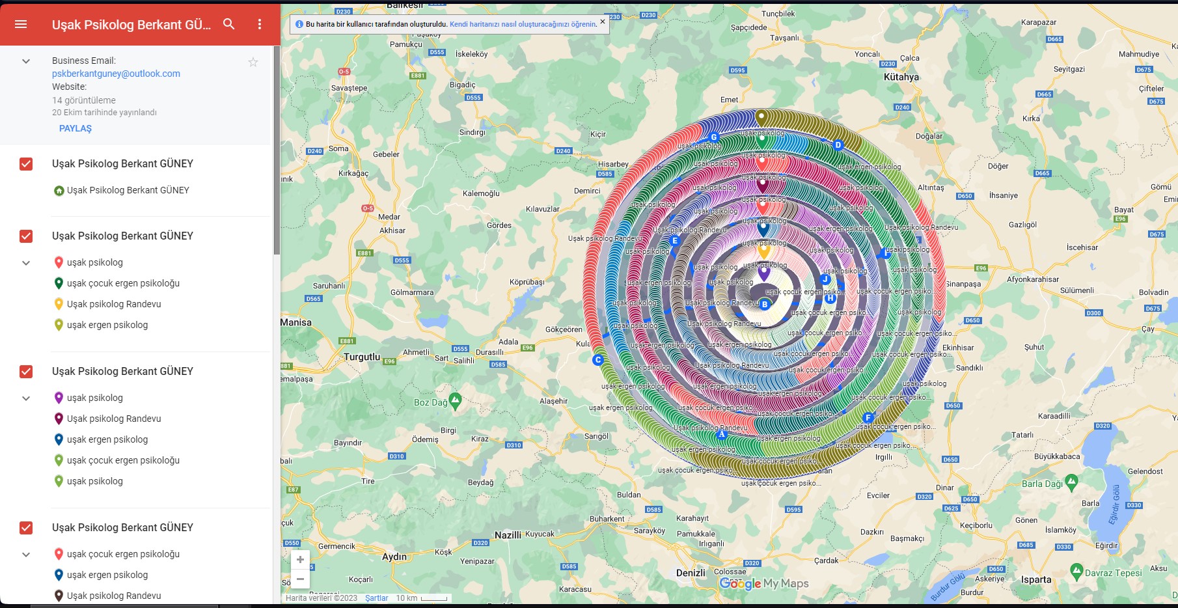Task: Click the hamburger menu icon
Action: [x=21, y=24]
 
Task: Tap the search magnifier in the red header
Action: [x=228, y=24]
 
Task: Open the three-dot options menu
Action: [x=260, y=24]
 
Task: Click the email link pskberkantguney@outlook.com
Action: [x=116, y=74]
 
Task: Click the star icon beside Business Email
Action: [x=253, y=62]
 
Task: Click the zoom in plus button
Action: [x=300, y=560]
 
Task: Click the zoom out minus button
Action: [x=300, y=579]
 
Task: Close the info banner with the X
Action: [x=603, y=21]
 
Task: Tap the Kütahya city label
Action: [x=901, y=77]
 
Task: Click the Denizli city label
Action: [x=691, y=573]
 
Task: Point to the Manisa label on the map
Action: [x=296, y=322]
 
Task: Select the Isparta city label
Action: [x=1036, y=579]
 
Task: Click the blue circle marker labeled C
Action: [x=598, y=360]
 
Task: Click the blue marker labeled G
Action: [x=714, y=137]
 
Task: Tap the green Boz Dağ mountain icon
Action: [x=456, y=400]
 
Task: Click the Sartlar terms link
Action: [x=376, y=598]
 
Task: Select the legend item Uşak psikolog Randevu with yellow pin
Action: [x=113, y=304]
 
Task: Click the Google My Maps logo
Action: [x=764, y=584]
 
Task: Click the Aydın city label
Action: [x=394, y=557]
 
